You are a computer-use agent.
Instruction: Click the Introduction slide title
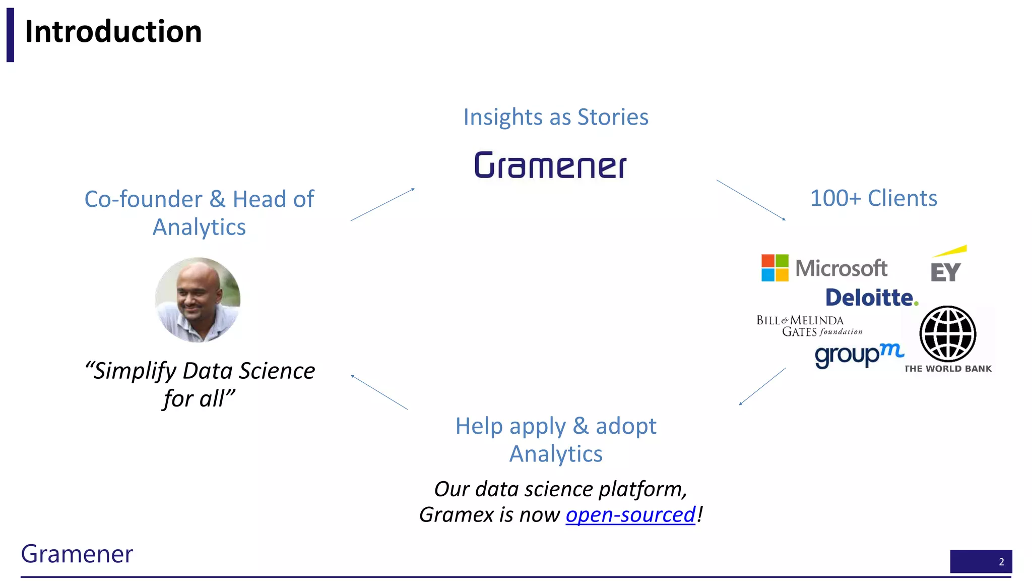113,32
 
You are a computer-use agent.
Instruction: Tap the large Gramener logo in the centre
550,165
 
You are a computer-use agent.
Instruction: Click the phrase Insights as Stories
556,117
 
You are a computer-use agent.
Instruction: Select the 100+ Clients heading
873,198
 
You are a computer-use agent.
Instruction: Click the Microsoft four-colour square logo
775,268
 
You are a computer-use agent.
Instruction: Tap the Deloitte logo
871,298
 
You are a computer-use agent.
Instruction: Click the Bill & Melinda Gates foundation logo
809,326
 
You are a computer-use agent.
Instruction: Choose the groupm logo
859,355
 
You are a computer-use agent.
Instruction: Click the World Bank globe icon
947,334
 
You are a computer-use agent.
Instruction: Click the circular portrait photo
198,300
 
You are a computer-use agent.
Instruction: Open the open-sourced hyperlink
630,515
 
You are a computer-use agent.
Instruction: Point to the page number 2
1001,562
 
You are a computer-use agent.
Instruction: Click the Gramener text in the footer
77,554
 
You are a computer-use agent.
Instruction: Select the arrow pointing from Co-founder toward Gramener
382,204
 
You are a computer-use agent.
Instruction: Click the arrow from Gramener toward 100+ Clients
751,200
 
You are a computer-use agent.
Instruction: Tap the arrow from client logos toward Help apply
762,386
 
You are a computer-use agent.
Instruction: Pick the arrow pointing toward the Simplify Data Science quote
379,392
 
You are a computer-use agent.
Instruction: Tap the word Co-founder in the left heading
143,199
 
